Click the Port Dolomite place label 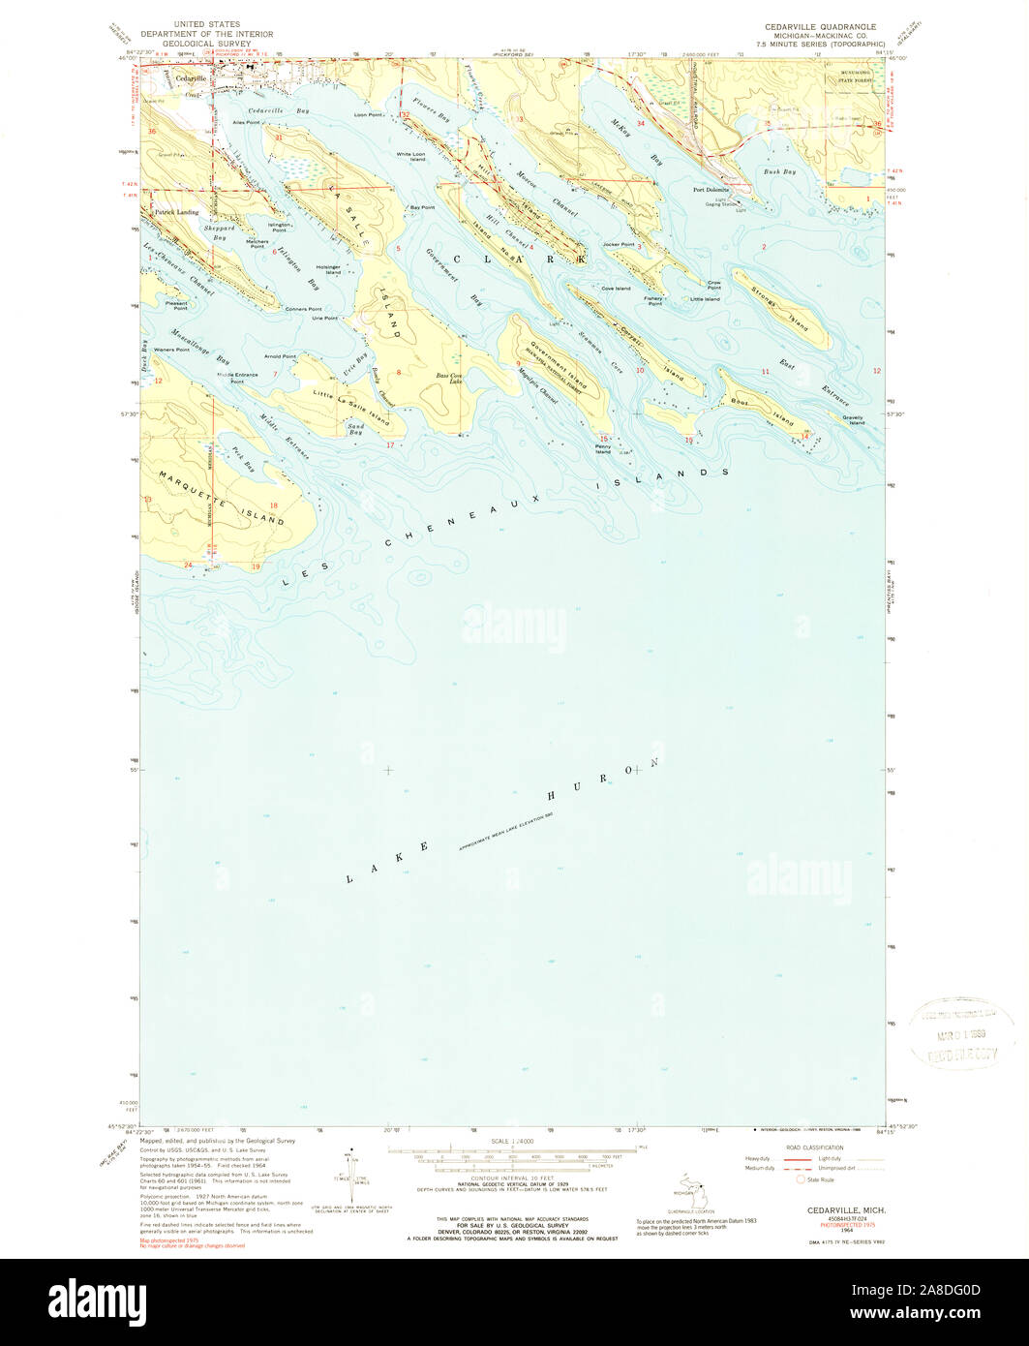pos(711,190)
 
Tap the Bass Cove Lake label pos(447,378)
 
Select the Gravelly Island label pos(853,418)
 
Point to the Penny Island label pos(603,449)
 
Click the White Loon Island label pos(410,156)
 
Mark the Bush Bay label pos(779,171)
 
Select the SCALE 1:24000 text pos(512,1143)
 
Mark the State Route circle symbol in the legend pos(800,1179)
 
